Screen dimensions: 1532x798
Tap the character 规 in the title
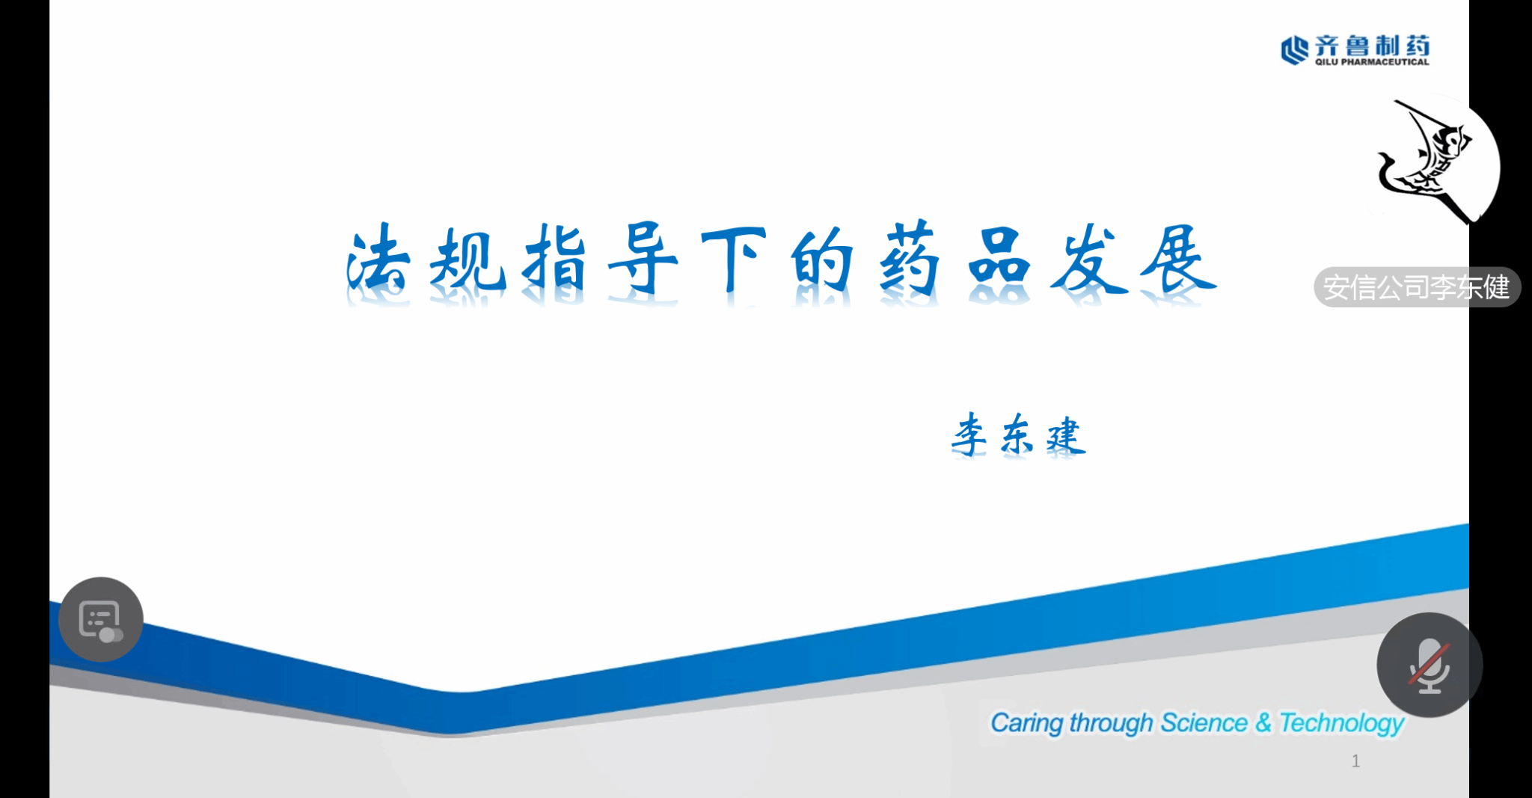467,259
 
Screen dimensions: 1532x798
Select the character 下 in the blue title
733,259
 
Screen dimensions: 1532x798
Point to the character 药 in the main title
909,259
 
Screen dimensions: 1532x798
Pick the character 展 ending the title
1177,258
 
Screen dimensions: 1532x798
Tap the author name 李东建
1018,434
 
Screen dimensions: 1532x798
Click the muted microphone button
1430,665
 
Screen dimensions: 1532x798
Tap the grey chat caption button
101,619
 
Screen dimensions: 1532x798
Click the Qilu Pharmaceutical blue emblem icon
1295,50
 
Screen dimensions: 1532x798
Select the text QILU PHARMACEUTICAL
1372,62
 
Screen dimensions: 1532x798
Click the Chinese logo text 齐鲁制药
1372,45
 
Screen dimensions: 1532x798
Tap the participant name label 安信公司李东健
1417,287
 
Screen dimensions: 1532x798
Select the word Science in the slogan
1204,722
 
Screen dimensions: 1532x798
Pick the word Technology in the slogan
1342,723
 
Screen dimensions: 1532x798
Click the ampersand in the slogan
1263,722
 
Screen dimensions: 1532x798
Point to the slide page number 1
1355,761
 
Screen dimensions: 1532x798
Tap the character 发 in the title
1088,258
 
